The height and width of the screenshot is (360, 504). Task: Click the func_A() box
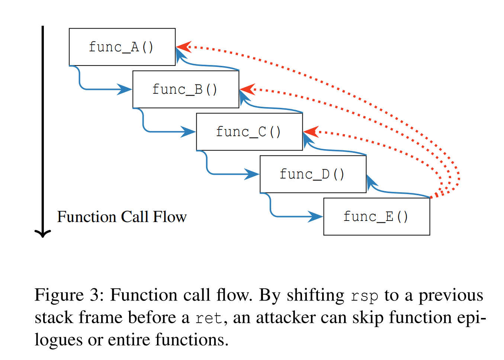tap(122, 47)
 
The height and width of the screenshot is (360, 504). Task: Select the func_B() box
tap(186, 89)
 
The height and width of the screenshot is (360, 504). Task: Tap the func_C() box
tap(249, 132)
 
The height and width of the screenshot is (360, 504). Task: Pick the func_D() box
tap(313, 174)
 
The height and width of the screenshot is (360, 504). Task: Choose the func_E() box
tap(376, 216)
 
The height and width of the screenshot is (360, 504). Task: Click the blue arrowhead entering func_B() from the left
tap(125, 89)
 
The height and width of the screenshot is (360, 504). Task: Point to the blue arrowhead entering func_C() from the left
tap(189, 132)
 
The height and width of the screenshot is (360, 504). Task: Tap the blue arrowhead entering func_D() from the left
tap(253, 174)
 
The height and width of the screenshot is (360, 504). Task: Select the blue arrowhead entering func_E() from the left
tap(316, 216)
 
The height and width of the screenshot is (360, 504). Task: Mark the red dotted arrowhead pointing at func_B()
tap(246, 89)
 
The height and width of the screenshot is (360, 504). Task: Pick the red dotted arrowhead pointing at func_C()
tap(310, 132)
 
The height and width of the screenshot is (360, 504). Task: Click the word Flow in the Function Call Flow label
tap(170, 217)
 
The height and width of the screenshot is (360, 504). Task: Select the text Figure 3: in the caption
tap(69, 295)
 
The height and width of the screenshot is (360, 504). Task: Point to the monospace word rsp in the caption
tap(365, 296)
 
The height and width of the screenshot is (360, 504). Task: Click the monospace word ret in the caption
tap(209, 318)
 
